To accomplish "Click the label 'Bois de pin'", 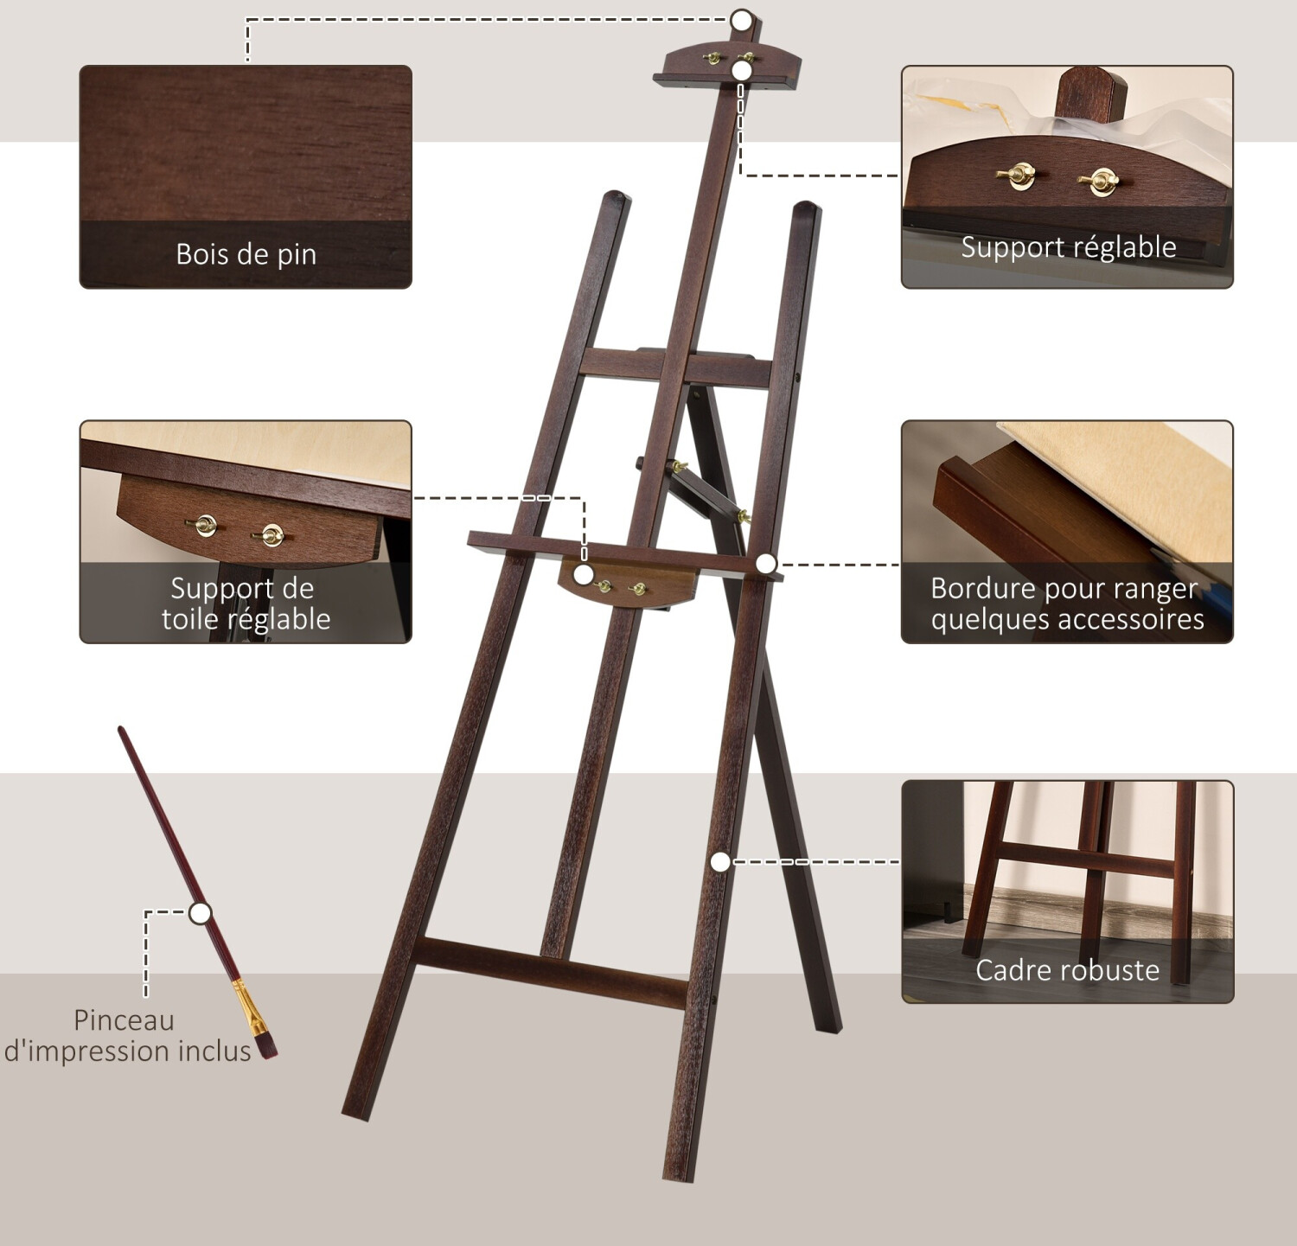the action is (x=246, y=254).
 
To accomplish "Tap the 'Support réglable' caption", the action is (x=1069, y=247).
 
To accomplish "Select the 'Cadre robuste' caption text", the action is (x=1068, y=970).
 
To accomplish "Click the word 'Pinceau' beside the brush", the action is (x=124, y=1020).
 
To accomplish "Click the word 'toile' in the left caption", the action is (x=189, y=619).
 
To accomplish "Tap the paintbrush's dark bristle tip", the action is (x=268, y=1046).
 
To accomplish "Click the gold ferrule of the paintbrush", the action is (x=248, y=1008).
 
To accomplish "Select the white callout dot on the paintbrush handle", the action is (x=200, y=913).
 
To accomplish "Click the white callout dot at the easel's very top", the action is (x=741, y=20).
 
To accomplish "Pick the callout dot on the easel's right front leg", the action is (x=720, y=861).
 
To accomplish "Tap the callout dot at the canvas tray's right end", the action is (x=765, y=564).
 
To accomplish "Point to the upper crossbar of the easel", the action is (x=675, y=366).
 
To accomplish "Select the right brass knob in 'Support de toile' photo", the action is (x=272, y=536).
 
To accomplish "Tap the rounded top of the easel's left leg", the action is (x=616, y=199).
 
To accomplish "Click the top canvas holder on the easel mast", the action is (x=727, y=65).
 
